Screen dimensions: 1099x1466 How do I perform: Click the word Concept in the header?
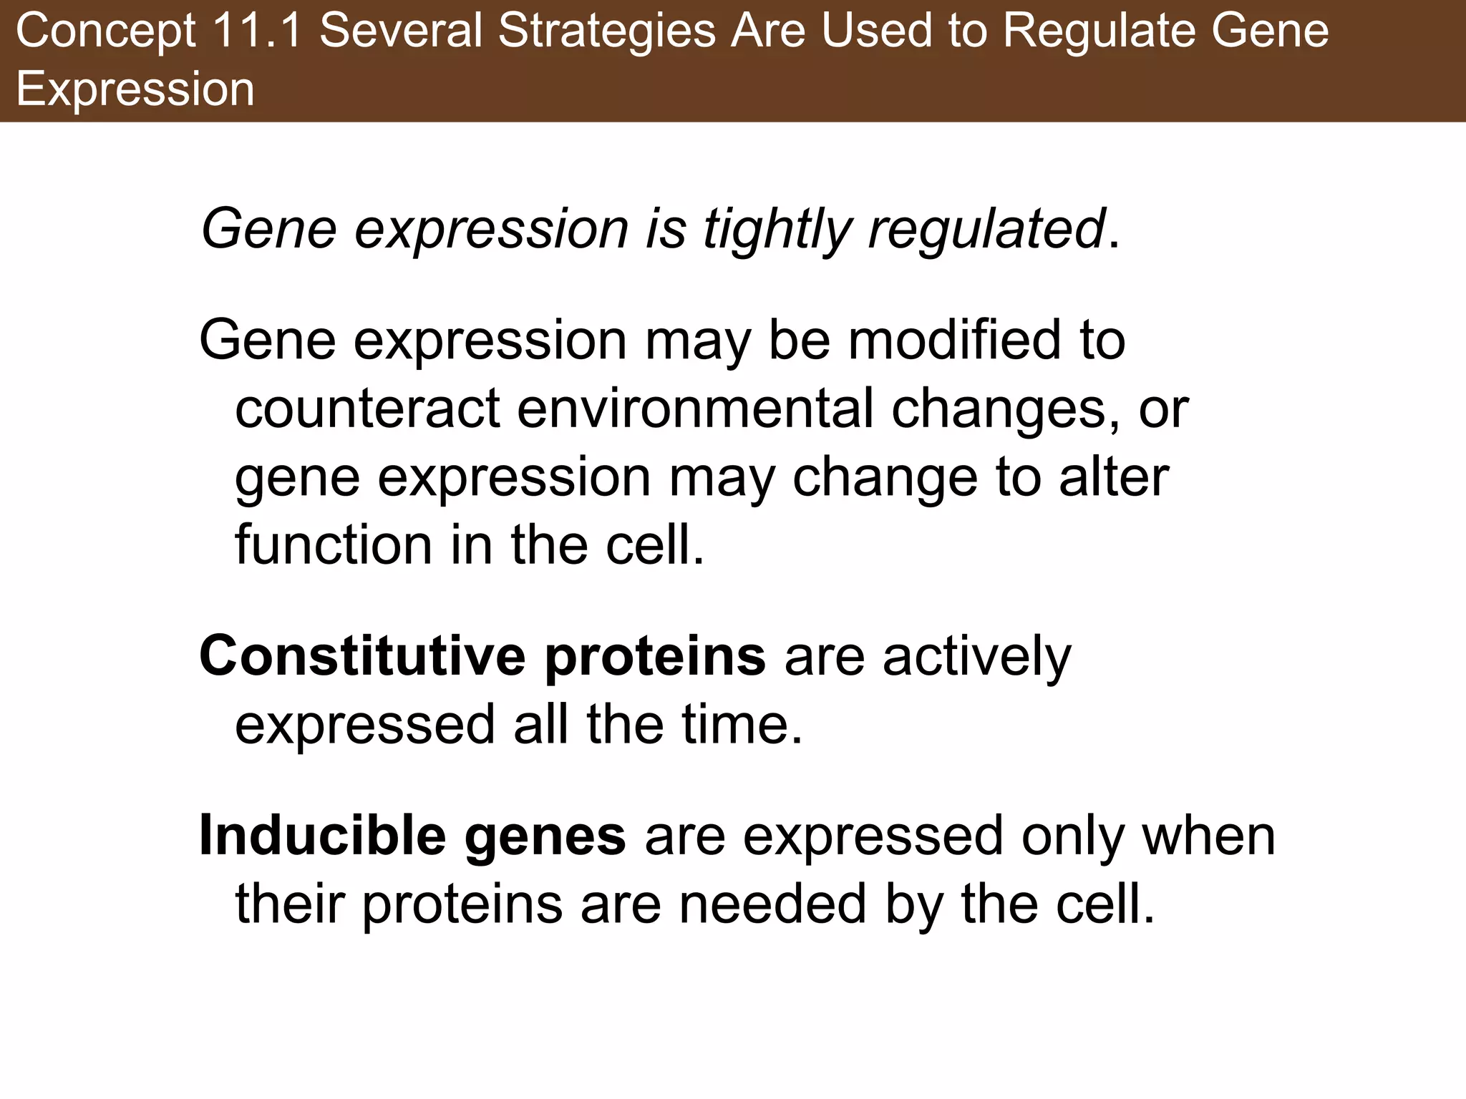tap(106, 32)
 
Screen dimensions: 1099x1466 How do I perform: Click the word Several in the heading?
tap(401, 32)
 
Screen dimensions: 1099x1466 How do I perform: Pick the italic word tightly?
tap(777, 230)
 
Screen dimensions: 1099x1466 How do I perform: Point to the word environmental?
tap(695, 409)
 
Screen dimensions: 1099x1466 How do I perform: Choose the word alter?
tap(1114, 477)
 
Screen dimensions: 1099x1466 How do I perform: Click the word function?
tap(334, 546)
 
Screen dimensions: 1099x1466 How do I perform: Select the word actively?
tap(977, 658)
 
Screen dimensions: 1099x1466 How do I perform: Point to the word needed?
tap(772, 904)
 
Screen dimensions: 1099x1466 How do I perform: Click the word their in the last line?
tap(291, 904)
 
